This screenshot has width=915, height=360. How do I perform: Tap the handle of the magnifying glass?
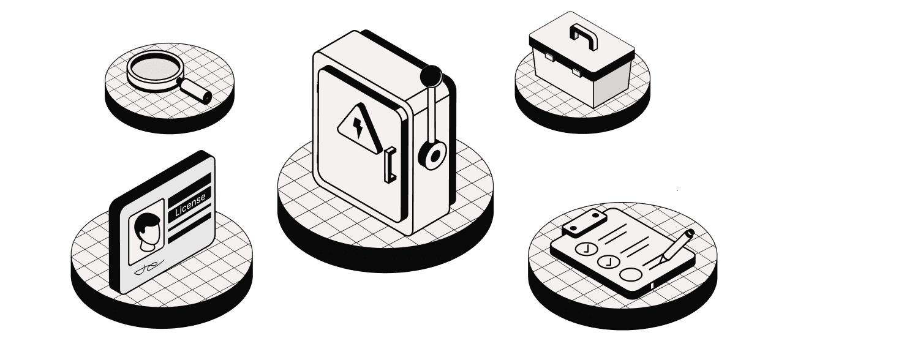coord(194,91)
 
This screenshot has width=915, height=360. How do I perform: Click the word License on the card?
coord(190,205)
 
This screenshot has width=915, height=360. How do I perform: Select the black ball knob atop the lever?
coord(431,75)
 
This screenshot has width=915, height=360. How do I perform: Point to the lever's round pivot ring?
coord(434,155)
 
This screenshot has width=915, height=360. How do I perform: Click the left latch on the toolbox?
coord(548,56)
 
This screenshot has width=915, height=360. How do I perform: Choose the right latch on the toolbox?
coord(577,72)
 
